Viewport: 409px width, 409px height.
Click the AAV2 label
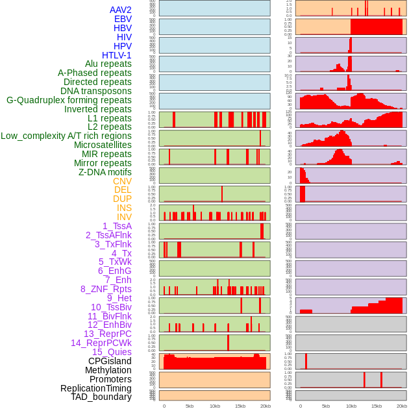coord(121,10)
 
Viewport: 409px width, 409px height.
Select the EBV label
coord(123,19)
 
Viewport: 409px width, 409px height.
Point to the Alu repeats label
coord(108,64)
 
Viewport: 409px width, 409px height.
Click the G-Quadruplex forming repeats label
coord(69,100)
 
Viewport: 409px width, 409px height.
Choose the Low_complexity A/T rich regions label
coord(66,136)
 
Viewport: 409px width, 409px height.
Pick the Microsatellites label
coord(103,145)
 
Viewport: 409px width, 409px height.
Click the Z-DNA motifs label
coord(105,172)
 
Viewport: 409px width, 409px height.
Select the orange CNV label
coord(122,181)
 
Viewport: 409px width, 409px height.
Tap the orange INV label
coord(124,217)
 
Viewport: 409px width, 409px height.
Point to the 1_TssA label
coord(117,226)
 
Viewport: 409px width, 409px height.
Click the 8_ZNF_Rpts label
coord(106,289)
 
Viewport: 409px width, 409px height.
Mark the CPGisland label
coord(110,361)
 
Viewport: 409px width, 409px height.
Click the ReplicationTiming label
coord(95,388)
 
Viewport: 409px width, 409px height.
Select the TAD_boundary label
coord(101,397)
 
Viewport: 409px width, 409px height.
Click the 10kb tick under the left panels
coord(215,406)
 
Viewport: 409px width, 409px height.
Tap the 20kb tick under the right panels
coord(402,406)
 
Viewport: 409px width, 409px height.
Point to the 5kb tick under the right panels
coord(325,406)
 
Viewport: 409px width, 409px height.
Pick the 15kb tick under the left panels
coord(240,406)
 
